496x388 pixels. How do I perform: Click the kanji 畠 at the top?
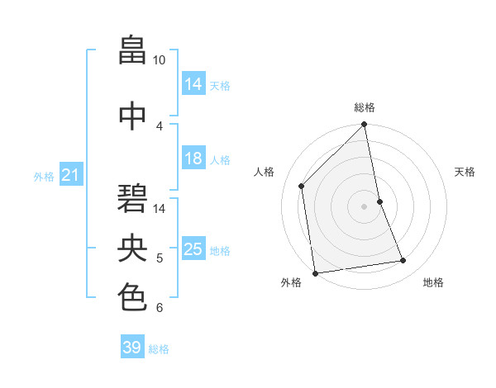[133, 50]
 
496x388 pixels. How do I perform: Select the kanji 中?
[133, 116]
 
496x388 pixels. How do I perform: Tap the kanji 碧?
[133, 198]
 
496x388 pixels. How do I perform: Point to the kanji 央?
[133, 248]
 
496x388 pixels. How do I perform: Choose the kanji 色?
[133, 296]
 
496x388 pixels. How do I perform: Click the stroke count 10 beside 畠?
[160, 60]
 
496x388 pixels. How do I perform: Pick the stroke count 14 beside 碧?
[160, 208]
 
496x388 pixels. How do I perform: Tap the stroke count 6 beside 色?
[160, 308]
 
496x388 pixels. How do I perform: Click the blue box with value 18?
[193, 159]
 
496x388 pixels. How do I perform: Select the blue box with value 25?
[193, 249]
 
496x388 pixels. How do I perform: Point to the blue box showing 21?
[70, 175]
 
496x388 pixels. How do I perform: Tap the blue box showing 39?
[132, 348]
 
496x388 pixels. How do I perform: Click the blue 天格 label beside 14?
[220, 86]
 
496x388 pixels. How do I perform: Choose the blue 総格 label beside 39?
[159, 349]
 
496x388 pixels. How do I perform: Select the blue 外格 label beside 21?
[44, 176]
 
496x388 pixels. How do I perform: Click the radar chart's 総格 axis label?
[365, 107]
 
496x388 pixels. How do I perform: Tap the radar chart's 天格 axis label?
[465, 172]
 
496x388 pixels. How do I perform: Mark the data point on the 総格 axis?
[365, 125]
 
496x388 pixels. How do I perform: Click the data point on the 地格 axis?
[403, 261]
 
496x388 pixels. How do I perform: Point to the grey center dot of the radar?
[365, 206]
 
